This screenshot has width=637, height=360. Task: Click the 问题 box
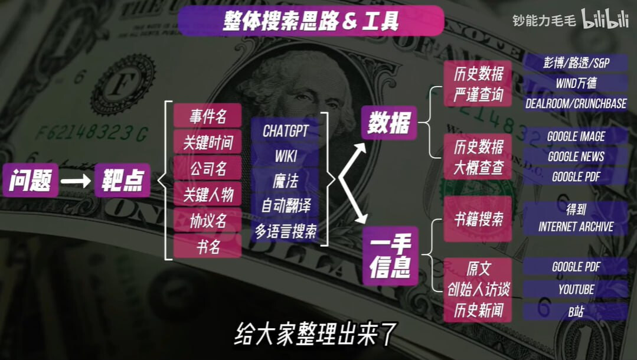click(31, 180)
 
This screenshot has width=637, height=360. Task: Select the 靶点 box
click(123, 180)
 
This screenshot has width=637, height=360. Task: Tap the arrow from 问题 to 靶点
click(76, 181)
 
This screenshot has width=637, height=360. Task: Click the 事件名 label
click(208, 116)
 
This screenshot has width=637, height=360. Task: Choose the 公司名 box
click(208, 168)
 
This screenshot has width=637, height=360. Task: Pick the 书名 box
click(208, 246)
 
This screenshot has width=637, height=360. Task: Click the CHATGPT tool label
click(285, 131)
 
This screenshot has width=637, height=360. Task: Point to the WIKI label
click(285, 156)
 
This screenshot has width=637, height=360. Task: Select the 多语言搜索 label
click(285, 231)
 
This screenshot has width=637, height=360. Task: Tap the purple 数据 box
click(389, 123)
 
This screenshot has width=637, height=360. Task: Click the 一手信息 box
click(390, 256)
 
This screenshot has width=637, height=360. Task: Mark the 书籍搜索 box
click(478, 219)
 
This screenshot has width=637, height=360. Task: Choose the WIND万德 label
click(576, 83)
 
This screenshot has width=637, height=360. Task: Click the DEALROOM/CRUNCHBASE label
click(576, 103)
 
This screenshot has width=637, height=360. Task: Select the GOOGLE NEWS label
click(576, 156)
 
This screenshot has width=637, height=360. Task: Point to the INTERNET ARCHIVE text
click(576, 227)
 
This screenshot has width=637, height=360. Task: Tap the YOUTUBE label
click(576, 289)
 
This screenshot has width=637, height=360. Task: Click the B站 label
click(576, 312)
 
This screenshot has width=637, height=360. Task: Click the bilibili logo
click(605, 19)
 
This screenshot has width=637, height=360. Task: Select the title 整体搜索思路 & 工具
click(311, 21)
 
